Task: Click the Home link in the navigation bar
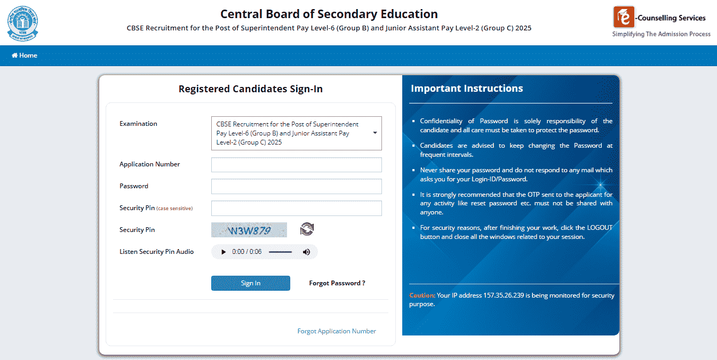pos(25,55)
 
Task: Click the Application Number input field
pos(296,165)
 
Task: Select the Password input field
pos(296,186)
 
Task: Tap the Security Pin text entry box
pos(296,208)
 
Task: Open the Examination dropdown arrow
pos(375,133)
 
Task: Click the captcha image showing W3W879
pos(249,230)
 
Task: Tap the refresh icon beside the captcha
pos(307,229)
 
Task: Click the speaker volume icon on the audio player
pos(306,252)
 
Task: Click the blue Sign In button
pos(250,283)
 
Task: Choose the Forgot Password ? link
pos(337,283)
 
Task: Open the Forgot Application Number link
pos(337,331)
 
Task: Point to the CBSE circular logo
pos(23,23)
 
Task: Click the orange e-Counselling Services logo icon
pos(624,17)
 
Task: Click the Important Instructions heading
pos(467,89)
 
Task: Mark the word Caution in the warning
pos(422,295)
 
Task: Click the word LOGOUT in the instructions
pos(600,228)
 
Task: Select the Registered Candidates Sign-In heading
pos(250,89)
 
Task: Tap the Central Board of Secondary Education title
pos(329,14)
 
